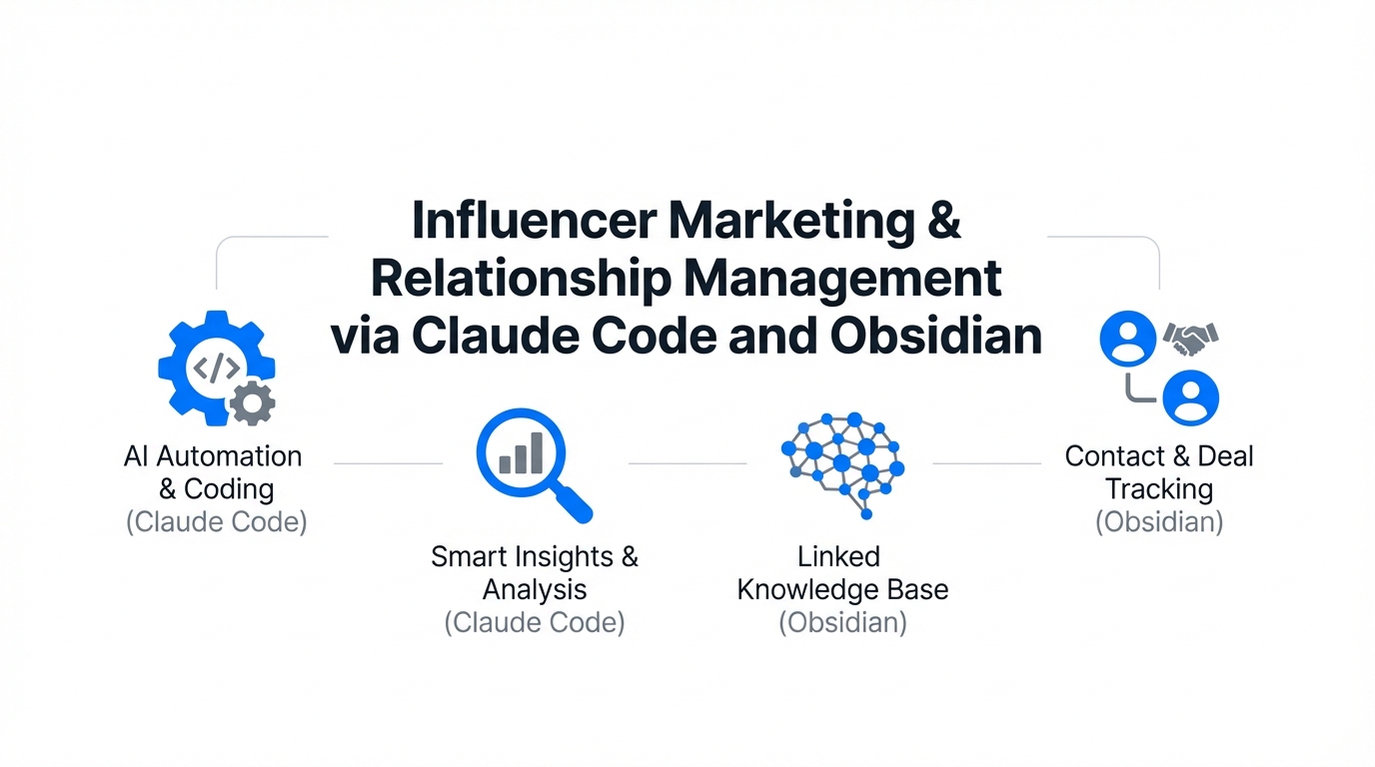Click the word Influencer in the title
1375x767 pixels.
pos(535,221)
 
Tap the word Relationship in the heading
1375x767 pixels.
pos(521,280)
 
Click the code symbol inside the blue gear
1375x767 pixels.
pos(216,369)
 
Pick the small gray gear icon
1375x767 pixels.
pos(252,403)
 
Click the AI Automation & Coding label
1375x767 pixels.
pos(213,472)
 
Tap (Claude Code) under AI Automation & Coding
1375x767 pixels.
pos(216,522)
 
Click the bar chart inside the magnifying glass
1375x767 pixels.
pos(522,453)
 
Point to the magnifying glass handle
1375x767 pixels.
pos(574,503)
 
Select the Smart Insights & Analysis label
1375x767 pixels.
pos(535,572)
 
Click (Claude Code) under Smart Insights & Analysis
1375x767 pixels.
pos(535,623)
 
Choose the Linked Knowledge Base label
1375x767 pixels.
pos(842,572)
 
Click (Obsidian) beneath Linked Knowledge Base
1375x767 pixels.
pos(842,623)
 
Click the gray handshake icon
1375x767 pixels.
pos(1191,339)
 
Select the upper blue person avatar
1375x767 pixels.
pos(1128,339)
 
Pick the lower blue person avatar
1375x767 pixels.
pos(1191,397)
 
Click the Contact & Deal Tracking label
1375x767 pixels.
pos(1159,472)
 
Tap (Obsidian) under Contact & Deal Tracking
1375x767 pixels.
pos(1159,522)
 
